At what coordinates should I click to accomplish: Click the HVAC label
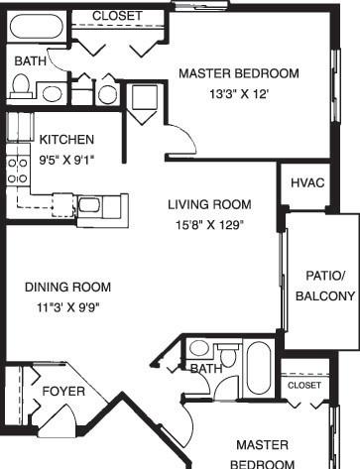point(307,182)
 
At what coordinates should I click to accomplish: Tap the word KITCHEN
point(66,140)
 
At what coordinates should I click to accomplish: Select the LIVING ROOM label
point(209,204)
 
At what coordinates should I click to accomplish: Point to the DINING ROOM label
point(68,287)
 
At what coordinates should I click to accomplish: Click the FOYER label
point(63,392)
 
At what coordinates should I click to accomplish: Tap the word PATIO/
point(325,276)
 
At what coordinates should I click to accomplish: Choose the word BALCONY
point(325,296)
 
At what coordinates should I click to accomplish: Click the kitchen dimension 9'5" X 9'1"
point(66,161)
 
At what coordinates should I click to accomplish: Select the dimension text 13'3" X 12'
point(238,94)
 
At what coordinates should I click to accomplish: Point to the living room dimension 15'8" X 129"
point(209,225)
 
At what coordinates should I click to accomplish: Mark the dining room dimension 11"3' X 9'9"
point(68,307)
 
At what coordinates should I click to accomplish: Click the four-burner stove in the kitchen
point(18,171)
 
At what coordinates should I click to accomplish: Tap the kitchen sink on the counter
point(89,205)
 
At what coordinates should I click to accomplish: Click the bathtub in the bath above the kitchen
point(36,26)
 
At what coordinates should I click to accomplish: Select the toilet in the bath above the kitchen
point(21,86)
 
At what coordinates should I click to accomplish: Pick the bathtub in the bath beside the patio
point(259,368)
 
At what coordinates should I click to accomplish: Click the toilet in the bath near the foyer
point(228,355)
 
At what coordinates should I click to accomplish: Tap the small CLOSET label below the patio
point(304,385)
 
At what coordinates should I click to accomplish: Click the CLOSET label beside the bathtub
point(117,16)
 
